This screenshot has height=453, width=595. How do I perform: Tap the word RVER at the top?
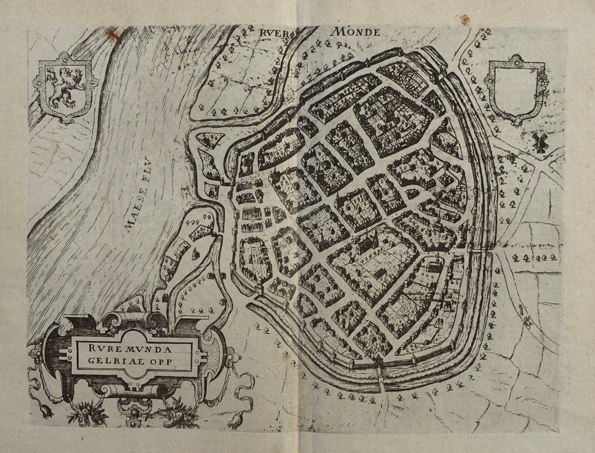(273, 33)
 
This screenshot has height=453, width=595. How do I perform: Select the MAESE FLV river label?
(141, 199)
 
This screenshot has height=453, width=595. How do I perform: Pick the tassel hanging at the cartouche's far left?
(46, 411)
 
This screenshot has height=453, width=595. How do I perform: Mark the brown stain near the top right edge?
(466, 19)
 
